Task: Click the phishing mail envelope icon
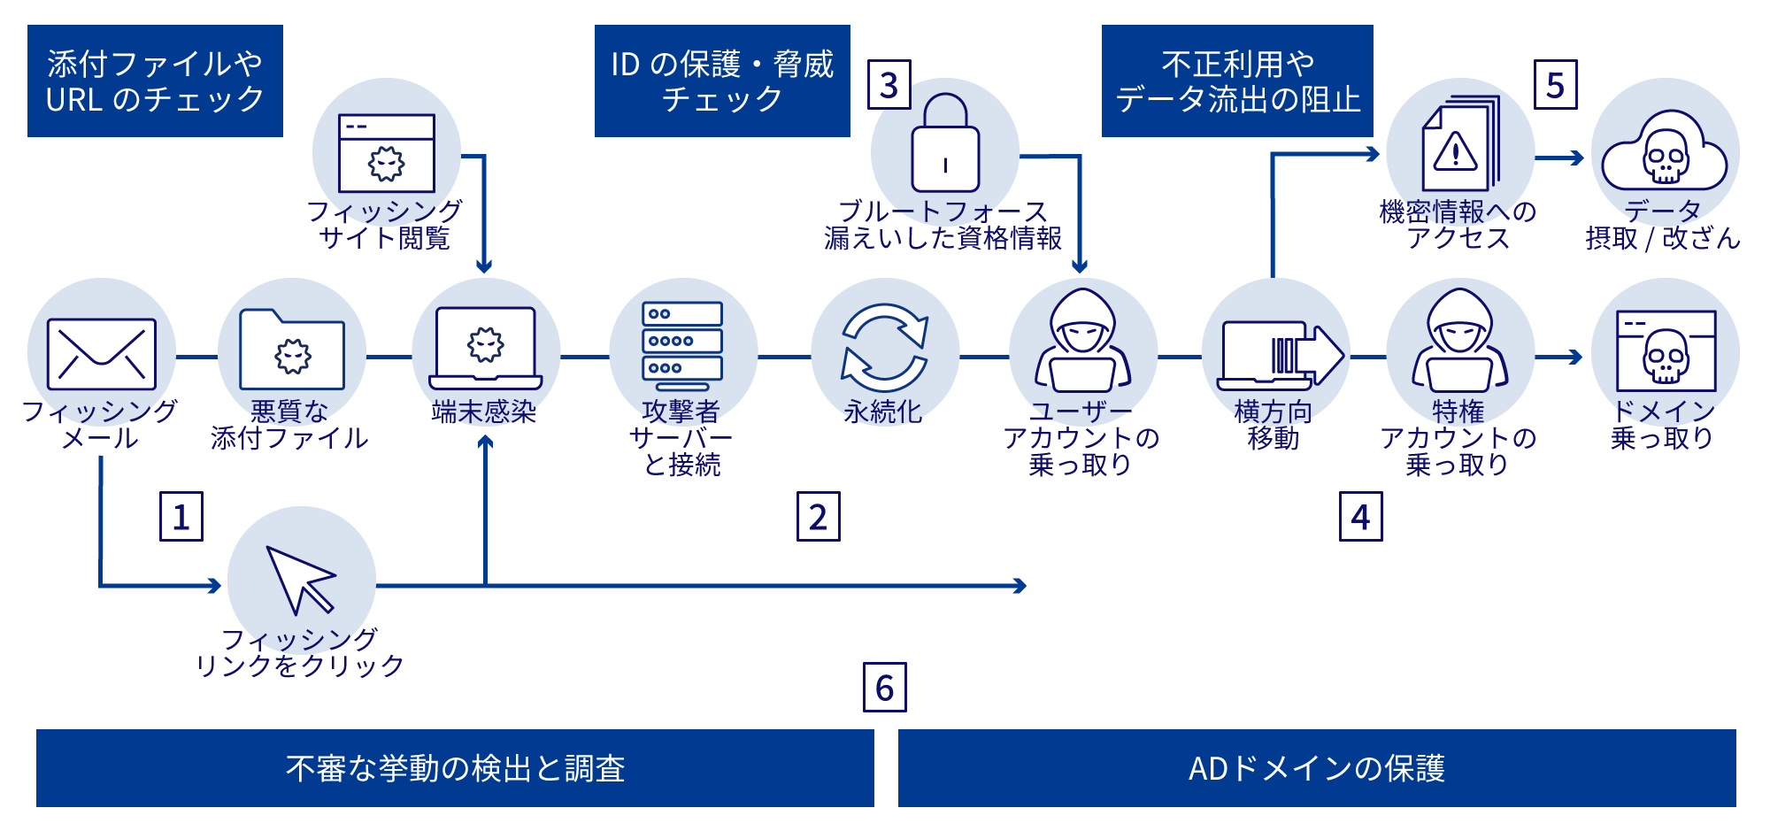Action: coord(101,354)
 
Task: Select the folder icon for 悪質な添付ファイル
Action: coord(292,350)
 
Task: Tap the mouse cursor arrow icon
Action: coord(301,581)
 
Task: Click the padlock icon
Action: coord(945,145)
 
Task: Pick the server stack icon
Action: coord(682,346)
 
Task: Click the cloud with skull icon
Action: coord(1665,153)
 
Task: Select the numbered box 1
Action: coord(181,517)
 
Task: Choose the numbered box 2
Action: coord(819,517)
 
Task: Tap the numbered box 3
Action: coord(889,85)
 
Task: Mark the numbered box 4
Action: coord(1361,517)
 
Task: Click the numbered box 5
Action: coord(1556,85)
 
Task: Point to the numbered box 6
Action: coord(885,688)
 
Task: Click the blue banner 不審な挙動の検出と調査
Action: coord(455,768)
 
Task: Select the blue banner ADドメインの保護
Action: coord(1317,768)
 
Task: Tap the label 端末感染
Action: coord(484,412)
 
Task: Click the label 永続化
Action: coord(883,412)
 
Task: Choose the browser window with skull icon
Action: coord(1666,351)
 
